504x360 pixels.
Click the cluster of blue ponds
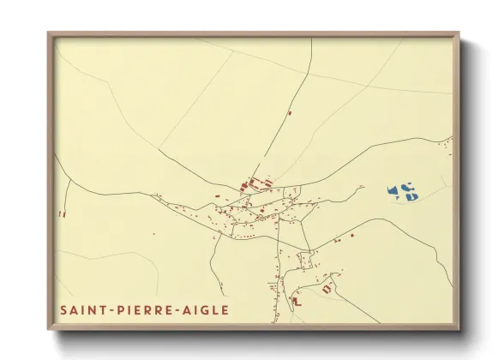pyautogui.click(x=401, y=191)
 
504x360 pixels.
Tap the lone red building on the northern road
pyautogui.click(x=290, y=112)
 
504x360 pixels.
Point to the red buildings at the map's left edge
pyautogui.click(x=61, y=213)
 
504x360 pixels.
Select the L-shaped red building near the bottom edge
pyautogui.click(x=297, y=302)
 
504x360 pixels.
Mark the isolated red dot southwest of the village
pyautogui.click(x=153, y=233)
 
